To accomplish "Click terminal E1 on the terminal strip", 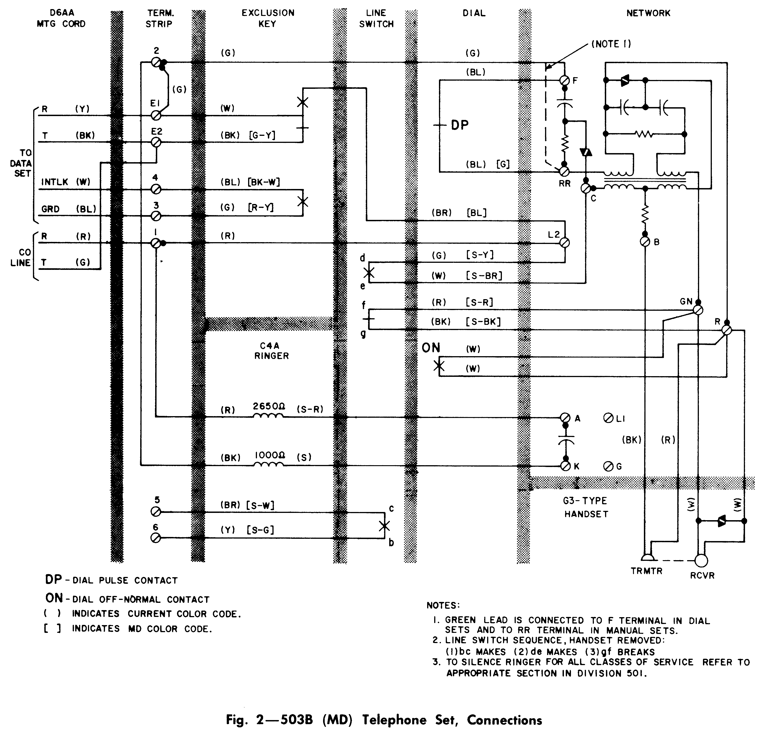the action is tap(156, 115).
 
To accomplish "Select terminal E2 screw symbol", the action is tap(156, 142).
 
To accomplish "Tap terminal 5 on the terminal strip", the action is tap(156, 512).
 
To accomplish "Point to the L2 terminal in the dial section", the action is tap(564, 243).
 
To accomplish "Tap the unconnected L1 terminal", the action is tap(608, 418).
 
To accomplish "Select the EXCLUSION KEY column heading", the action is tap(268, 18).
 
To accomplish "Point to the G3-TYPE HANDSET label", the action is tap(586, 507).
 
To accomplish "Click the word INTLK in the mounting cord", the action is tap(55, 182).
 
